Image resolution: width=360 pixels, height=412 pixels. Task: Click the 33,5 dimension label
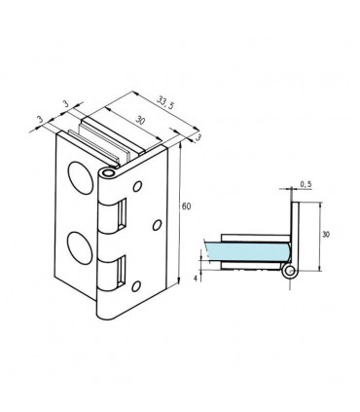(x=165, y=102)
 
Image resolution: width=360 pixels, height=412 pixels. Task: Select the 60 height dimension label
(x=186, y=206)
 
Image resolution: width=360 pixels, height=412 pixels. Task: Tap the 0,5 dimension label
(x=306, y=184)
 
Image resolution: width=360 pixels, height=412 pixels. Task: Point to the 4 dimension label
(x=196, y=278)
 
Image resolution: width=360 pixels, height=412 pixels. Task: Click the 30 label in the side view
(x=326, y=234)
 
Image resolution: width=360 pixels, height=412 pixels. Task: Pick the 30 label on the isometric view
(x=139, y=121)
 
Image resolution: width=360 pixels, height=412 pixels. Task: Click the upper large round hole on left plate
(x=80, y=178)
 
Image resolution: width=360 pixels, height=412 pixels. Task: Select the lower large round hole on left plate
(x=80, y=248)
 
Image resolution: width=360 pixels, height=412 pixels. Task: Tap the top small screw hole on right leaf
(x=137, y=186)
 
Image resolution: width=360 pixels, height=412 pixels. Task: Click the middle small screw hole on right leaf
(x=157, y=225)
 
